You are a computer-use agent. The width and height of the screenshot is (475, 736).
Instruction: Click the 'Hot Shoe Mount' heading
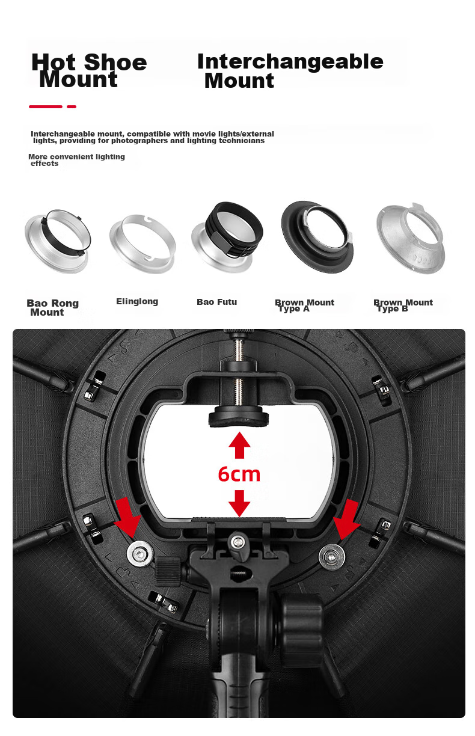click(x=89, y=70)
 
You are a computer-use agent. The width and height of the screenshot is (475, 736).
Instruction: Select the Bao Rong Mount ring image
click(x=58, y=241)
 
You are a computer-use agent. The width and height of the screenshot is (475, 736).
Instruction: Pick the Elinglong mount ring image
click(x=142, y=244)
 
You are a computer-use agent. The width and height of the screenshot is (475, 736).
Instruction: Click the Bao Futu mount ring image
click(x=227, y=238)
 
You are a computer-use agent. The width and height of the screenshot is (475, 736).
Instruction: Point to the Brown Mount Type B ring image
click(x=410, y=238)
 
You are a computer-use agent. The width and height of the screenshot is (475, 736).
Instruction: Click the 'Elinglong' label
click(x=137, y=301)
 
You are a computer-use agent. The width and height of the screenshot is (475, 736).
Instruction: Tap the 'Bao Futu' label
click(x=217, y=302)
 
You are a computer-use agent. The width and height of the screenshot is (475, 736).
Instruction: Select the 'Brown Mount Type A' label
click(x=304, y=305)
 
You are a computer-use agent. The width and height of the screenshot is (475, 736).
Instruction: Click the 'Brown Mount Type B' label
click(x=403, y=305)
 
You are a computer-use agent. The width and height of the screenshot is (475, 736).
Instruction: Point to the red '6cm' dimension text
click(x=239, y=474)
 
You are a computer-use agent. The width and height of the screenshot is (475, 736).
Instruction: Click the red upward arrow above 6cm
click(x=239, y=445)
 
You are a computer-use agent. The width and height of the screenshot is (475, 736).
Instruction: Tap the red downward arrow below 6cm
click(x=239, y=503)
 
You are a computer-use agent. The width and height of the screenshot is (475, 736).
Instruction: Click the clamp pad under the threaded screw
click(x=239, y=416)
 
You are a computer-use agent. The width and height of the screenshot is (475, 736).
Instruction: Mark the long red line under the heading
click(x=45, y=106)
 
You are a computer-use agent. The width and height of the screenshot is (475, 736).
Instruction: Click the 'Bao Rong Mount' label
click(x=52, y=307)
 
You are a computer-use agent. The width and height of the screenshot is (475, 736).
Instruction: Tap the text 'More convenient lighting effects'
click(x=76, y=160)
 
